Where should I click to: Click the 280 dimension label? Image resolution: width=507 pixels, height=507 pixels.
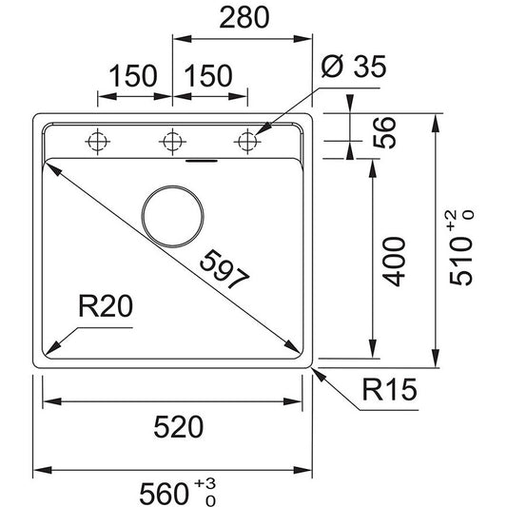coord(244,17)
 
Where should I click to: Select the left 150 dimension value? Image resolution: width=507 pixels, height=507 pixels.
coord(133,76)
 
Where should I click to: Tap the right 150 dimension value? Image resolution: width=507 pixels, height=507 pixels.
coord(208,76)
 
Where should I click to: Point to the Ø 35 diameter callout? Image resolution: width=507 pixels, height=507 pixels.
coord(354,67)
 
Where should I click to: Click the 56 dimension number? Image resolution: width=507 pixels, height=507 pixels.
coord(384,132)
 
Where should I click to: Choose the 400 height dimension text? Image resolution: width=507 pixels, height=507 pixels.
coord(394,262)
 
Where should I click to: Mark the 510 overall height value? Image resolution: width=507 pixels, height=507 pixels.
coord(460,261)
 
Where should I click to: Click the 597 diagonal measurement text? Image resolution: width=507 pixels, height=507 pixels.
coord(225,269)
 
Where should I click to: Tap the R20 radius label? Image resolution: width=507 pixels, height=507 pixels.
coord(106,306)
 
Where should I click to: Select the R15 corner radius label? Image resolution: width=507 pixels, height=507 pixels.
coord(389,389)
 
